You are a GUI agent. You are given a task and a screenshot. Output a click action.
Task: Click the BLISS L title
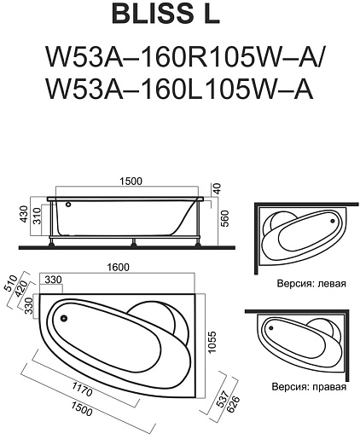tap(165, 14)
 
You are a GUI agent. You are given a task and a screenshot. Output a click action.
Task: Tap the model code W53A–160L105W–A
tap(179, 89)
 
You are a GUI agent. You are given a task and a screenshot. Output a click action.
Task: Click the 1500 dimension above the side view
tap(131, 182)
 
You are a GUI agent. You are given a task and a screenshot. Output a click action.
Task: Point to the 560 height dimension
tap(224, 218)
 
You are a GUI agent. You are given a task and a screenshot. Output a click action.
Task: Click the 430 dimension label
tap(25, 214)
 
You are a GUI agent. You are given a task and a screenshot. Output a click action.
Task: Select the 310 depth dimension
tap(38, 216)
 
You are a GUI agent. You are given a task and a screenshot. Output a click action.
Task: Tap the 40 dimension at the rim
tap(218, 188)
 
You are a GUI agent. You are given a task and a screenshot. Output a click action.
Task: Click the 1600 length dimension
tap(118, 267)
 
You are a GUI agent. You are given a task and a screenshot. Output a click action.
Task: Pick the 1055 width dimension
tap(212, 342)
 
